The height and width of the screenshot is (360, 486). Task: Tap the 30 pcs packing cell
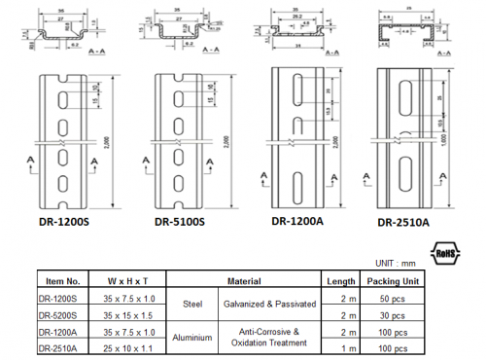point(394,315)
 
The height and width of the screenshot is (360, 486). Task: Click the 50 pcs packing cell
point(394,303)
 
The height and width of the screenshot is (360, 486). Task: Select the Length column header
point(342,280)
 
